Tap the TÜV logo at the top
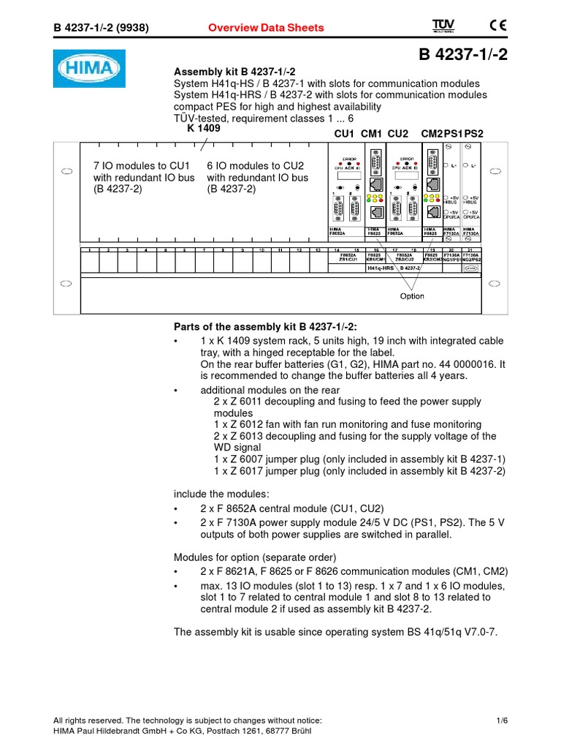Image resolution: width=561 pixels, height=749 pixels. click(443, 26)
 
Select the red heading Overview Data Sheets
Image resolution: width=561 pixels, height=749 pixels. click(266, 28)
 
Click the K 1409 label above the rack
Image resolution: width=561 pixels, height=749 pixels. click(203, 128)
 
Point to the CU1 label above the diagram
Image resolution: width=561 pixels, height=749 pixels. click(344, 134)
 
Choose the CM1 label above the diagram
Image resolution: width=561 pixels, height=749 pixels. click(372, 134)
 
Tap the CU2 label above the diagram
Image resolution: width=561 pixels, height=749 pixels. click(398, 134)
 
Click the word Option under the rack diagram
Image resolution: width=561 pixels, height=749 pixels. click(412, 296)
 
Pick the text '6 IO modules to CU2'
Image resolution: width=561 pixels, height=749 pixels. click(256, 166)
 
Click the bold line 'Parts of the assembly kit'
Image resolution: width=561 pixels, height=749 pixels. click(266, 326)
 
